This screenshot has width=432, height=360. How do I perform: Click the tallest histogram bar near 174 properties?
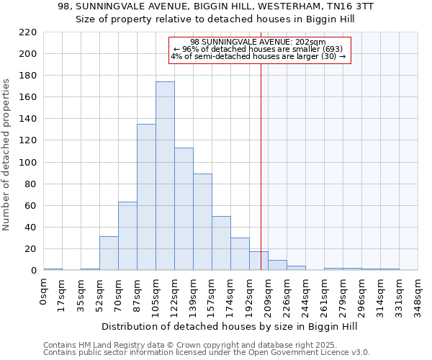[x=165, y=176]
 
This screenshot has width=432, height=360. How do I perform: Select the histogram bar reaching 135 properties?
[x=146, y=197]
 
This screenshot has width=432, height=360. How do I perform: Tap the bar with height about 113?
[x=184, y=209]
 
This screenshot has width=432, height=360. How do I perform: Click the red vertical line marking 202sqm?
[x=261, y=166]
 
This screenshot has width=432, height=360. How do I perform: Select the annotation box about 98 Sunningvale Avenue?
[x=259, y=50]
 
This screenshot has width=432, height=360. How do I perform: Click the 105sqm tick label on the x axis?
[x=156, y=294]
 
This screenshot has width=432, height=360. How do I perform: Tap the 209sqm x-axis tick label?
[x=269, y=294]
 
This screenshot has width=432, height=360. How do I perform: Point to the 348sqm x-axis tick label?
[x=418, y=294]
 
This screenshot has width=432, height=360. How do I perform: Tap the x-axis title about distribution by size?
[x=230, y=327]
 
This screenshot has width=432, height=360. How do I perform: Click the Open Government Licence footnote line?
[x=206, y=353]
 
